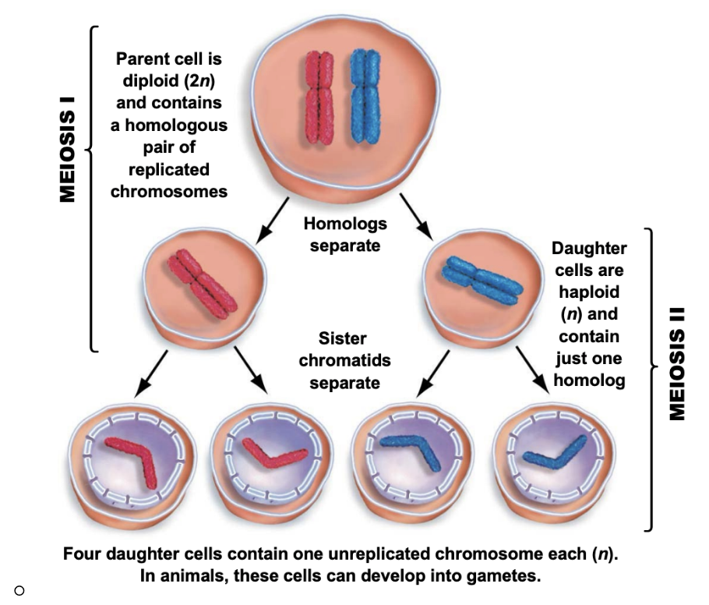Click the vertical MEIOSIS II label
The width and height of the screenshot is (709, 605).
coord(677,363)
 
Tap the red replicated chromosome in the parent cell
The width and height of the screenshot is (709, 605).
coord(318,97)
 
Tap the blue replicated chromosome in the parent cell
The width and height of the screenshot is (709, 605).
coord(365,97)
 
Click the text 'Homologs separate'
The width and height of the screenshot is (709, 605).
coord(344,234)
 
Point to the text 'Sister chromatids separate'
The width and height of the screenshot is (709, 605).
coord(344,361)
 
